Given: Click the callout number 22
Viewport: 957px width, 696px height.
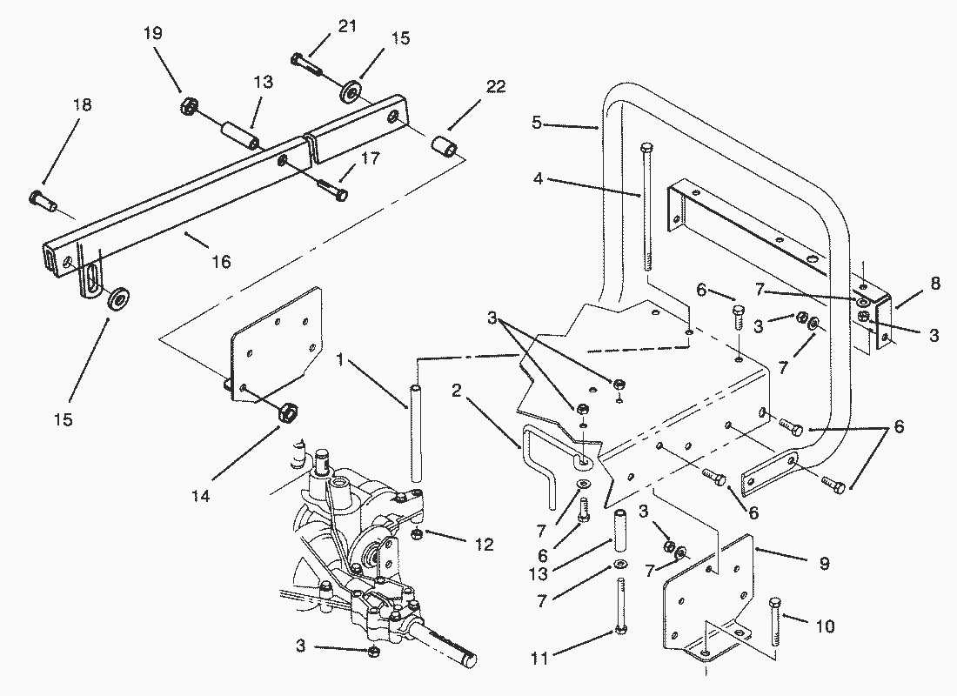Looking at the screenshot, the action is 496,87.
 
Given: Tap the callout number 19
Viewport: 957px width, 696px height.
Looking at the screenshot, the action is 152,32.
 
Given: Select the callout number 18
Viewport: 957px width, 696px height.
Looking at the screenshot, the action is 82,105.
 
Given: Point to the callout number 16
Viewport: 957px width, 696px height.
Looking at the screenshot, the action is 222,262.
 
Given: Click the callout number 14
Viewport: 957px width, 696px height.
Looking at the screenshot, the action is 200,497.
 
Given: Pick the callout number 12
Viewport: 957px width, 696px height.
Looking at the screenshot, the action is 484,544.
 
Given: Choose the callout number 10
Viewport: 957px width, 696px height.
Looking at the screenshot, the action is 825,626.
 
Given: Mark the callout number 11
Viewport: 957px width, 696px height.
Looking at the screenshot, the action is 540,658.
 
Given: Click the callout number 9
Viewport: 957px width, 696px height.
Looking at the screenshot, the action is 824,563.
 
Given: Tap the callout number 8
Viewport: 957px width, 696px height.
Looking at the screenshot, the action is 935,284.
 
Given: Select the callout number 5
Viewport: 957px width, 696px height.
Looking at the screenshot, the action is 537,123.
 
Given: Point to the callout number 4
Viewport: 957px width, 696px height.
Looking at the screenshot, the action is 538,179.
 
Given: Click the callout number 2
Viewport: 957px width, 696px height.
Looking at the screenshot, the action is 457,391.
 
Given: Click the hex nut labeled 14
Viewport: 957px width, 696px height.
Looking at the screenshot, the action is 287,412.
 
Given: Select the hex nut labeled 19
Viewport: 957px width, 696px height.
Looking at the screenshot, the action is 189,108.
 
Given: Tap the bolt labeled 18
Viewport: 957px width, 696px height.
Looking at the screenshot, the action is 42,200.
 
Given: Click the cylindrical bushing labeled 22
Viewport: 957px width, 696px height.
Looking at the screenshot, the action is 445,149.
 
